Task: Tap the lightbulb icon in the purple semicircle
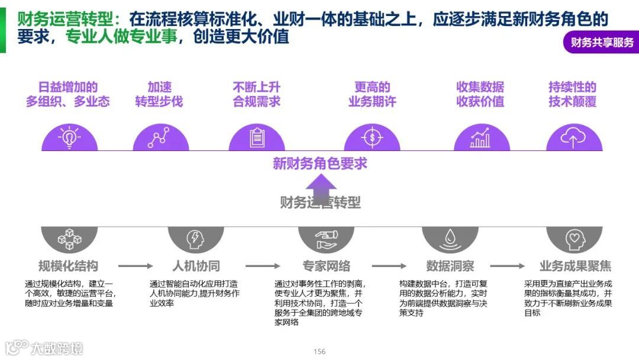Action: click(69, 137)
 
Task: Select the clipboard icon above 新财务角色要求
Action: click(257, 137)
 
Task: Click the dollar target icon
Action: click(372, 137)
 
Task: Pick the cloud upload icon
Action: click(573, 137)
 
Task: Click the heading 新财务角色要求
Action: click(319, 163)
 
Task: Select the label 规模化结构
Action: click(68, 266)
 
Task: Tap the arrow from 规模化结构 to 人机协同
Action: click(135, 266)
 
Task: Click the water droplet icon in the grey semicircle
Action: click(450, 239)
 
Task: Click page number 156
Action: click(319, 352)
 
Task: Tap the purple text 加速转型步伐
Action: click(159, 94)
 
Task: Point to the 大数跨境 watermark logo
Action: click(44, 348)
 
